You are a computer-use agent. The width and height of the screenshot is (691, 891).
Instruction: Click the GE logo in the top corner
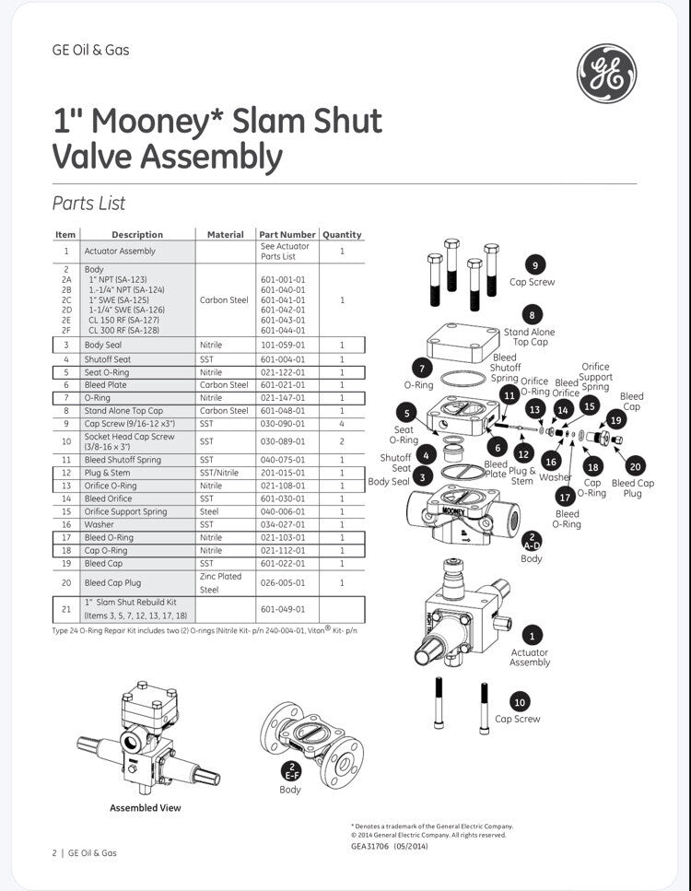click(x=606, y=74)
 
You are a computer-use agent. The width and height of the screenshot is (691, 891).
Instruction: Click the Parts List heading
click(x=88, y=204)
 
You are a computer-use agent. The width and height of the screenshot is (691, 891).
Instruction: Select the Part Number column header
click(x=287, y=235)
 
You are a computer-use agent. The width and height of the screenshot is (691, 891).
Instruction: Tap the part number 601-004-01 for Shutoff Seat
click(x=282, y=359)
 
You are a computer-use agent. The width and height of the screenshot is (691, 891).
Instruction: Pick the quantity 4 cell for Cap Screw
click(x=342, y=423)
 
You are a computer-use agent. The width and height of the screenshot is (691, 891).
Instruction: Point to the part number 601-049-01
click(x=282, y=608)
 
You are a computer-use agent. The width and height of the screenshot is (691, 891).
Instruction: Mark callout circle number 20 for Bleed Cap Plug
click(x=634, y=466)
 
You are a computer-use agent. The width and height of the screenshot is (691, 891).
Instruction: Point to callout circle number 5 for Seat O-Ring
click(x=404, y=413)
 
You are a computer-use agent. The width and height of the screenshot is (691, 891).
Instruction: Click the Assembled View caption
click(x=146, y=808)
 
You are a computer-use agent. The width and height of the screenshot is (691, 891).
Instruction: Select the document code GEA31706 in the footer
click(x=371, y=845)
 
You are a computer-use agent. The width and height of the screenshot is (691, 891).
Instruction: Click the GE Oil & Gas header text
click(x=90, y=50)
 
